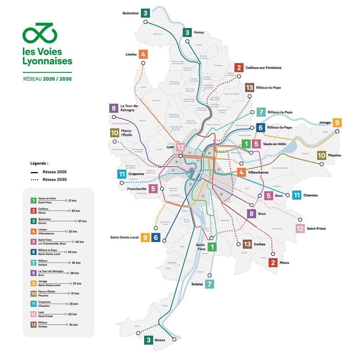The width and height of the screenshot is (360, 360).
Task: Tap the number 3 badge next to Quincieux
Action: pos(146,13)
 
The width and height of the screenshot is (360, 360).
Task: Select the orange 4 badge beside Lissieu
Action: pos(143,54)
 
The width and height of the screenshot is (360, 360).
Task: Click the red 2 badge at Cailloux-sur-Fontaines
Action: pos(239,68)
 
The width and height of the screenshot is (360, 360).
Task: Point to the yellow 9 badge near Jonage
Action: pos(337,123)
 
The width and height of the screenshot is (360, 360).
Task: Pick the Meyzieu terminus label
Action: pos(334,155)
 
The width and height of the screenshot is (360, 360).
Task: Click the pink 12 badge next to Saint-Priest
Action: pos(300,228)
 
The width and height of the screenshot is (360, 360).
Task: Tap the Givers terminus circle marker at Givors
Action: pos(174,340)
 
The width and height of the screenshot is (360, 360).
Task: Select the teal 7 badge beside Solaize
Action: pos(210,284)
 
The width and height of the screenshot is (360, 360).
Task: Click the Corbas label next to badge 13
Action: pos(259,244)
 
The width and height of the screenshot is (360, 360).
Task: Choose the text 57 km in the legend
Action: pos(82,221)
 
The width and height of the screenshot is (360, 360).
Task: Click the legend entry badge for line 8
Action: pos(33,273)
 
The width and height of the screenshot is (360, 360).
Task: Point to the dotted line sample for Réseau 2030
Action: pos(34,179)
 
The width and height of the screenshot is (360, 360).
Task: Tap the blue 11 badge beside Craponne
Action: pos(122,174)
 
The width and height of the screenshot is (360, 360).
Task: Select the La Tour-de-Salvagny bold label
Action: pos(129,108)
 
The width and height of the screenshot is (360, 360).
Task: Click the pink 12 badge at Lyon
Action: pos(180,148)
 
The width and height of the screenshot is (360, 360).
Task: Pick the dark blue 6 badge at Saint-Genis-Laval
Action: pos(156,238)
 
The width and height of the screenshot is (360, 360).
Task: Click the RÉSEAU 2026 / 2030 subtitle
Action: pos(47,79)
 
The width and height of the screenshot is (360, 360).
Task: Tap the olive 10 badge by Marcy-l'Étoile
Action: pos(114,133)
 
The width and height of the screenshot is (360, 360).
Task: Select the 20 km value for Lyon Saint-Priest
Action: pos(72,314)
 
